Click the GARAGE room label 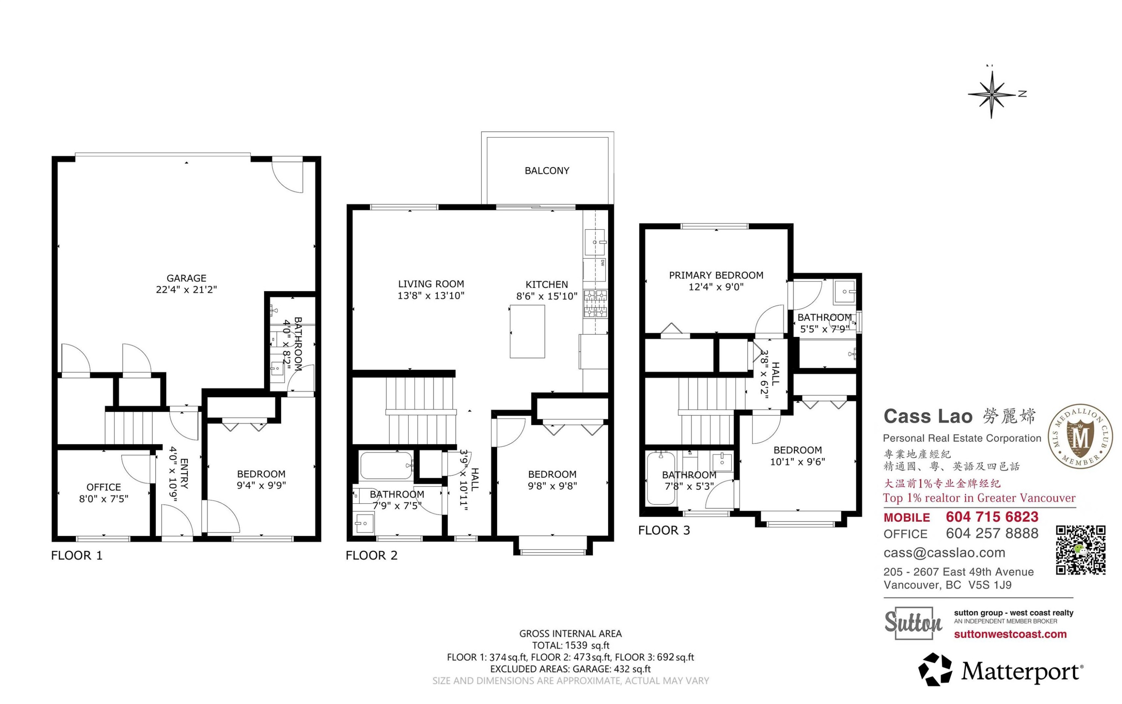[186, 278]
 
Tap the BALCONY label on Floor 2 [547, 171]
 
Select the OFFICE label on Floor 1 [103, 487]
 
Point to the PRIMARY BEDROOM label [716, 275]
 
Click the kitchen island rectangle [527, 332]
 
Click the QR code [1080, 550]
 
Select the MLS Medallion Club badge [1080, 436]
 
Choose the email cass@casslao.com [944, 553]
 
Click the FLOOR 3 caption [664, 530]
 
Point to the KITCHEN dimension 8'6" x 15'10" [547, 296]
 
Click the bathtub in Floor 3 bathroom [661, 478]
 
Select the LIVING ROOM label [431, 283]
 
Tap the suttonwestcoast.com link [1010, 634]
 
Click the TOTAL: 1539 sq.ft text [571, 645]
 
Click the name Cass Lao [928, 416]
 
